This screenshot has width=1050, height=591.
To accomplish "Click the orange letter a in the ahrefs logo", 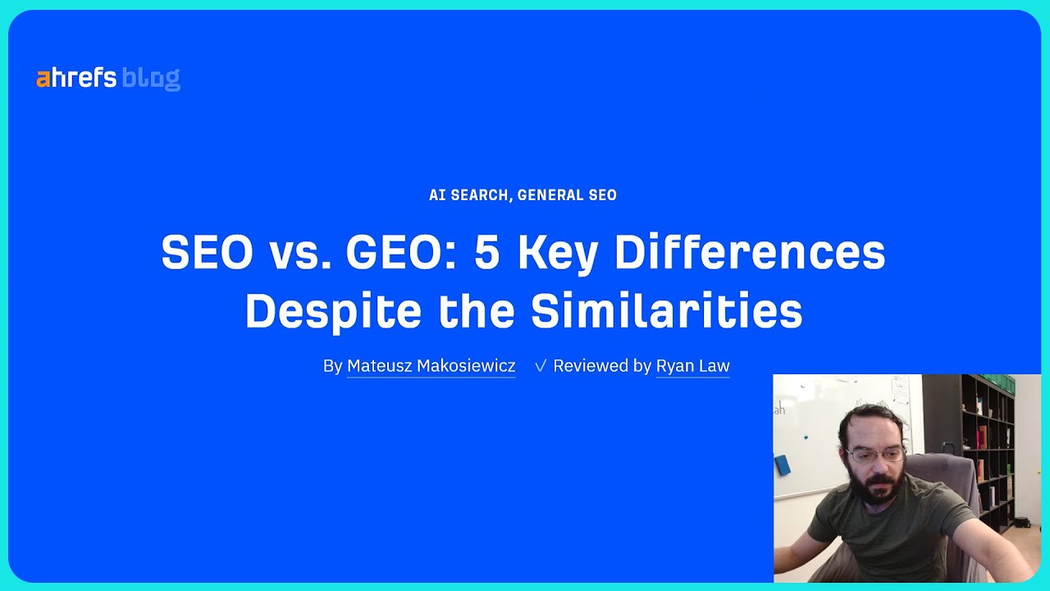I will [43, 79].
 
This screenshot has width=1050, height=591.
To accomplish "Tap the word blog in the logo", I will [151, 79].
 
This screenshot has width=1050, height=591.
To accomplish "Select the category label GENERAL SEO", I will [567, 195].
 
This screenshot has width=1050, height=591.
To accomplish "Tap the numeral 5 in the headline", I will [486, 253].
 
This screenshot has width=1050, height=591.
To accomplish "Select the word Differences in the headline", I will [750, 253].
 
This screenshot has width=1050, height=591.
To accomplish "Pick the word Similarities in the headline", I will [666, 312].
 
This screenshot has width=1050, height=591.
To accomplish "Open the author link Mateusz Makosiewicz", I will [431, 366].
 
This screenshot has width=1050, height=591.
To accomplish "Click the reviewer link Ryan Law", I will [692, 366].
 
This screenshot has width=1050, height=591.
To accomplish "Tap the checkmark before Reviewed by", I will [540, 366].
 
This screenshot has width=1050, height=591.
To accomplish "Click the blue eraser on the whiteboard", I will [782, 465].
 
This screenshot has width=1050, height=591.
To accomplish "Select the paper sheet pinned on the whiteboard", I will [900, 392].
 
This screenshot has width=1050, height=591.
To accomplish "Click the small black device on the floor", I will [1021, 522].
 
